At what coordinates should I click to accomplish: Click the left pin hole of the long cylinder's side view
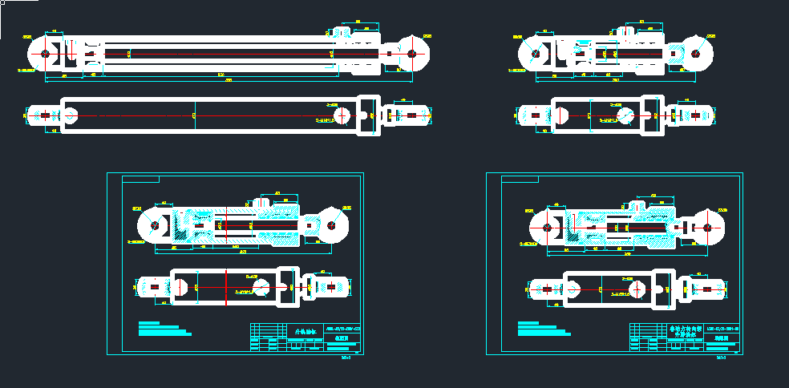tap(45, 54)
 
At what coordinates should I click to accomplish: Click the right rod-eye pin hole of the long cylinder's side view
tap(411, 54)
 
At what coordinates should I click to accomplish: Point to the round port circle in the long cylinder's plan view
tap(342, 115)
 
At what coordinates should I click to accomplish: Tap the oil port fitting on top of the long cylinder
tap(342, 32)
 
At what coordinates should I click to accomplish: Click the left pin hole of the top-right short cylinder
tap(535, 54)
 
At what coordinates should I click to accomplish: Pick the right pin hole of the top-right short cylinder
tap(694, 54)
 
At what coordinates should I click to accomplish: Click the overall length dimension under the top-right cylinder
tap(616, 81)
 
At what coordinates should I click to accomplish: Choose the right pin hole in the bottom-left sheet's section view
tap(330, 224)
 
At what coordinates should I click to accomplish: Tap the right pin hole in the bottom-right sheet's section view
tap(708, 228)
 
